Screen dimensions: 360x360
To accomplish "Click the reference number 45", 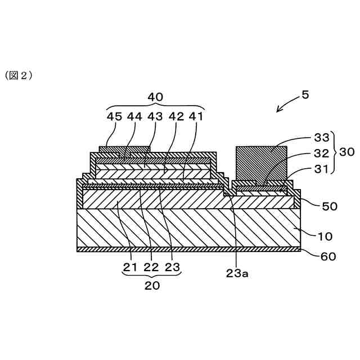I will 114,116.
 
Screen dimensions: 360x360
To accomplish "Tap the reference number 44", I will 134,116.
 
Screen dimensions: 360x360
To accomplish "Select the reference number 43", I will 155,116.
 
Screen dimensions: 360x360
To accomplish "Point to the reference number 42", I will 175,116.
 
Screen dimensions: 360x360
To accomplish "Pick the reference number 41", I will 195,116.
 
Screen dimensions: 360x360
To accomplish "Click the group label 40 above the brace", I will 155,97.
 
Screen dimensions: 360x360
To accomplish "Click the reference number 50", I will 329,206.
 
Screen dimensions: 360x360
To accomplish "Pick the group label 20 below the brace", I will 152,285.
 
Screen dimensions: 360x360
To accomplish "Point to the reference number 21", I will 130,267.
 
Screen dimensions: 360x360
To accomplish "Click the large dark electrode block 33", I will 261,163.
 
